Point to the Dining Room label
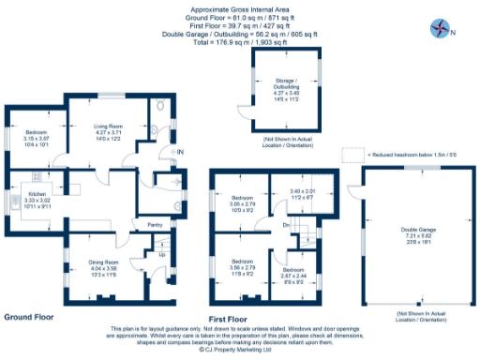click(x=104, y=236)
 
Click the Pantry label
click(x=143, y=225)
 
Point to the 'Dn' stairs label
click(x=285, y=225)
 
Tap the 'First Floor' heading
click(x=235, y=317)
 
